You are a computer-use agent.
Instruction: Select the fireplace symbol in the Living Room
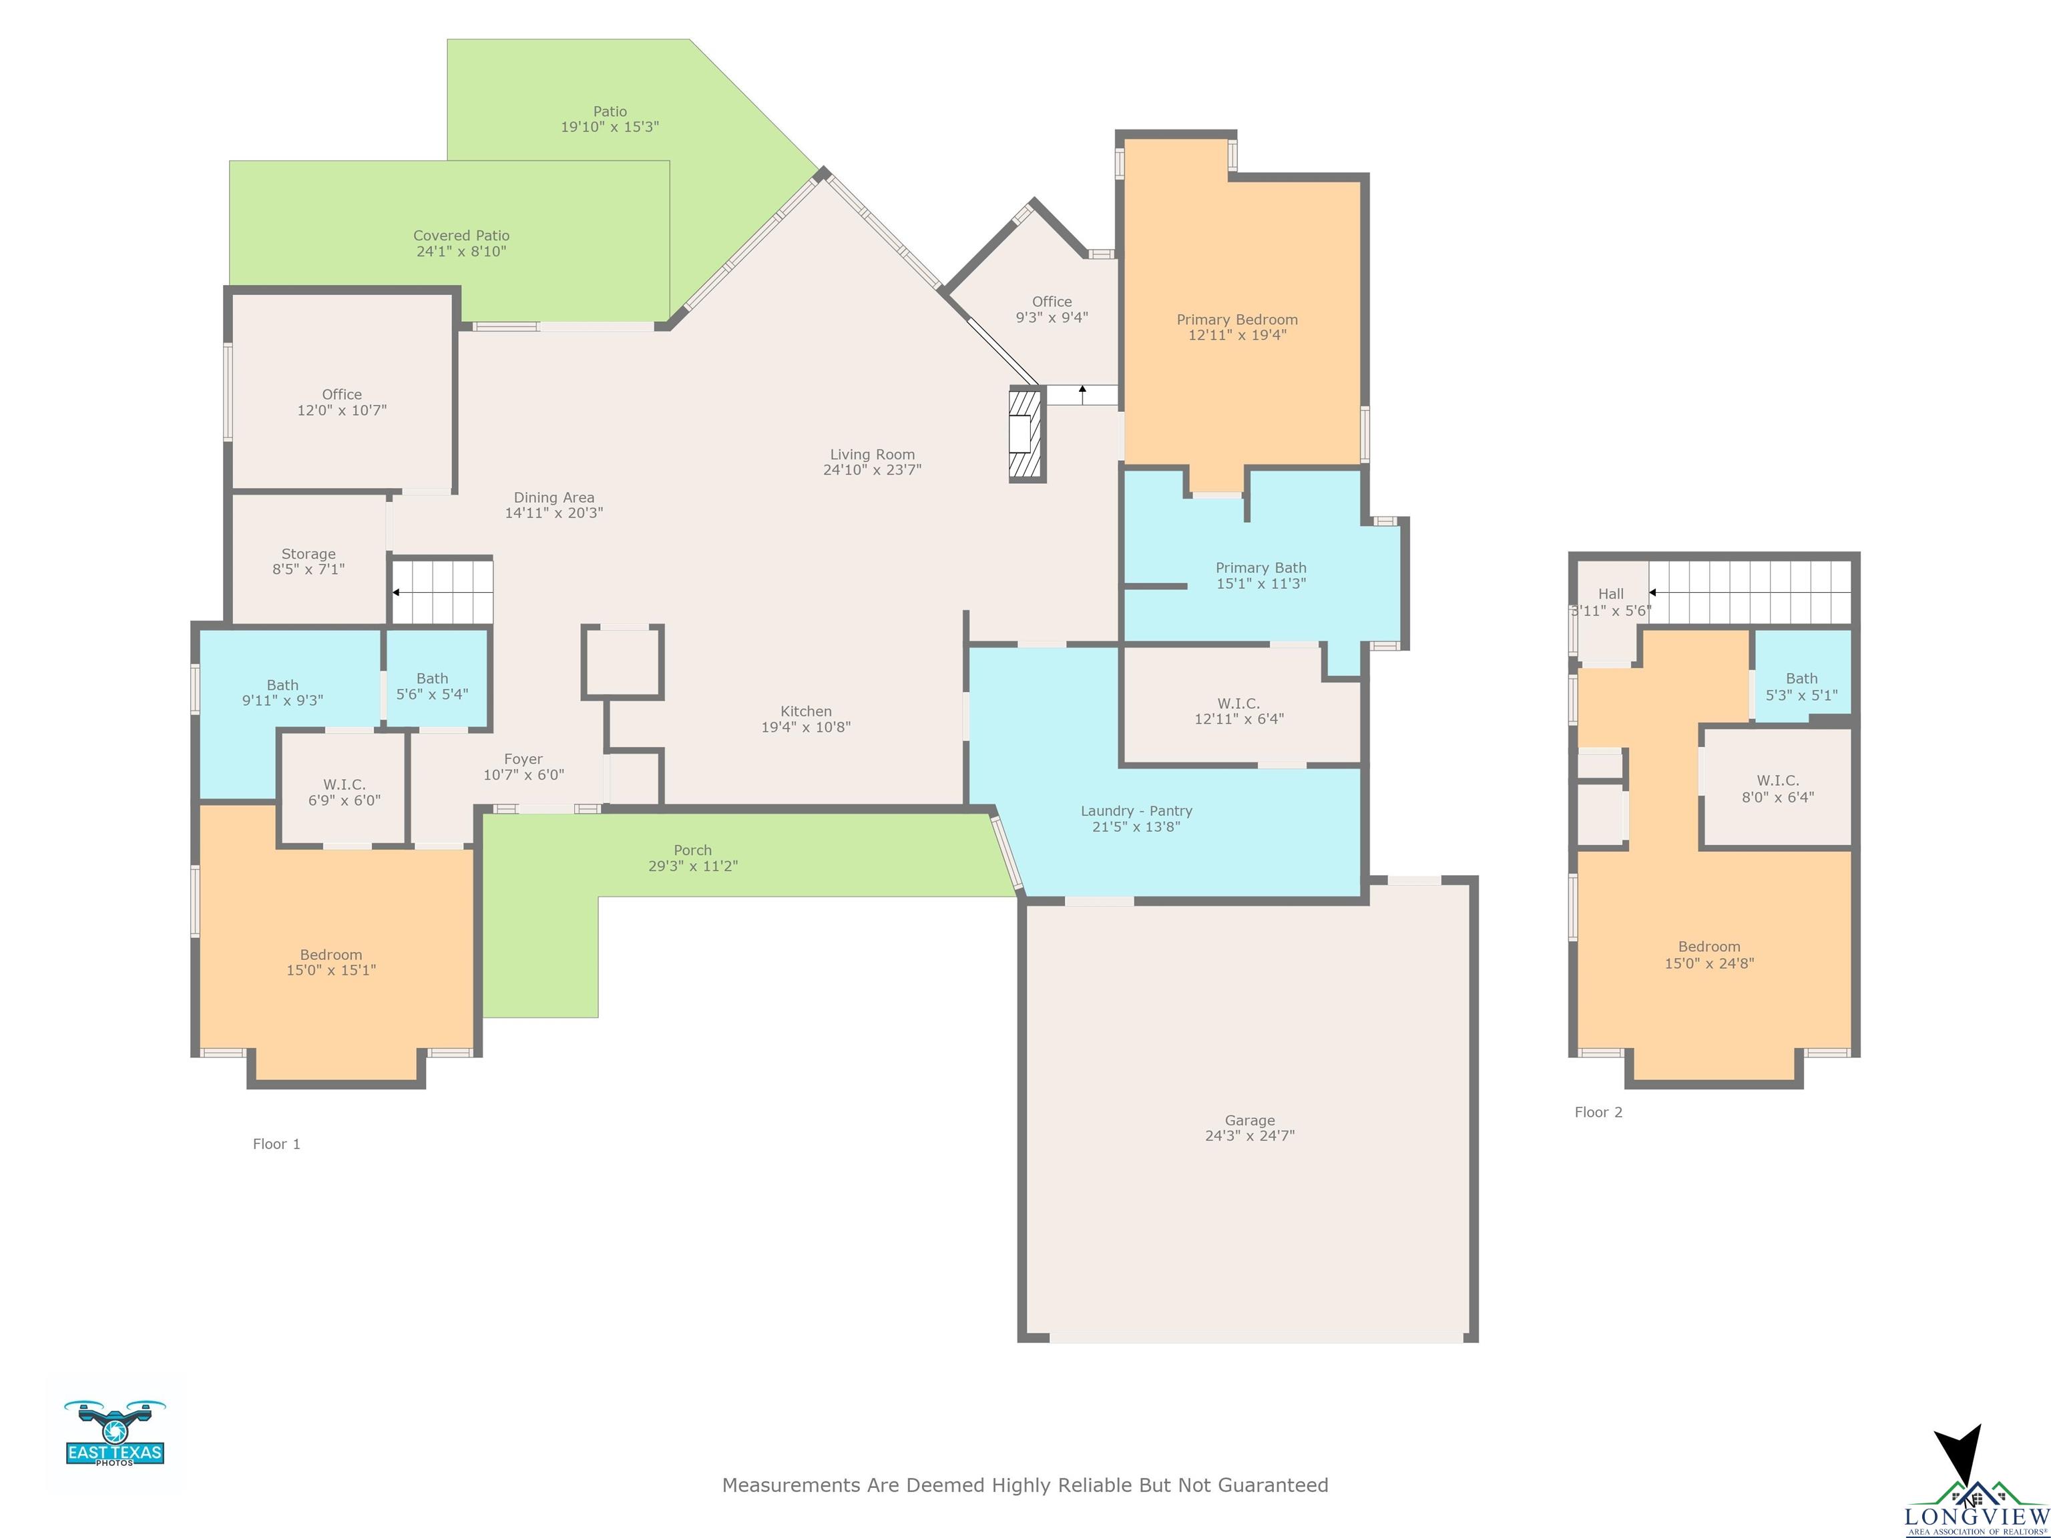click(x=1026, y=435)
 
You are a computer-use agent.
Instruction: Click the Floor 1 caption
click(x=276, y=1144)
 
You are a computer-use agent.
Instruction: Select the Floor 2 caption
click(x=1598, y=1113)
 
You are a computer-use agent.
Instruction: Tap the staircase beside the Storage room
click(x=441, y=591)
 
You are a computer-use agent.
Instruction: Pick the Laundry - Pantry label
click(x=1136, y=818)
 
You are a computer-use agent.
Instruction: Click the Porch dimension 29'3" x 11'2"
click(x=692, y=866)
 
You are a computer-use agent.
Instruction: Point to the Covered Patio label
click(x=461, y=243)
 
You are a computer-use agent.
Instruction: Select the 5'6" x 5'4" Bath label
click(x=432, y=686)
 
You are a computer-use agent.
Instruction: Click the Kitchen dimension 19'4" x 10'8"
click(x=806, y=727)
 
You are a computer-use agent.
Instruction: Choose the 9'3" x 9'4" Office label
click(x=1052, y=308)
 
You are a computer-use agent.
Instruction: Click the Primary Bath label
click(x=1261, y=575)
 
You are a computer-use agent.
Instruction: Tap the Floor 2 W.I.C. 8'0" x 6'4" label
click(x=1777, y=788)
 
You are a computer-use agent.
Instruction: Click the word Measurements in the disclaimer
click(x=792, y=1485)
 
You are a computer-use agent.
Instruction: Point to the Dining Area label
click(x=553, y=505)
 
